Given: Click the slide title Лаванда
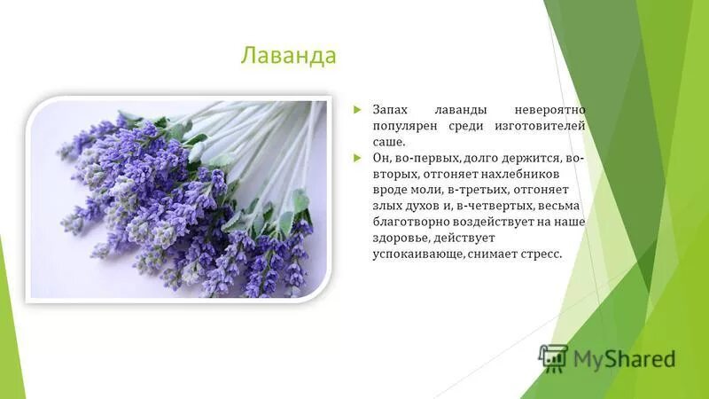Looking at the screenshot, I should coord(289,57).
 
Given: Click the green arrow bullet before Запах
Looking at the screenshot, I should coord(357,110).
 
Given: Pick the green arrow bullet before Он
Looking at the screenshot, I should coord(357,158).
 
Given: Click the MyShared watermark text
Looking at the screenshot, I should coord(624,359).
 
